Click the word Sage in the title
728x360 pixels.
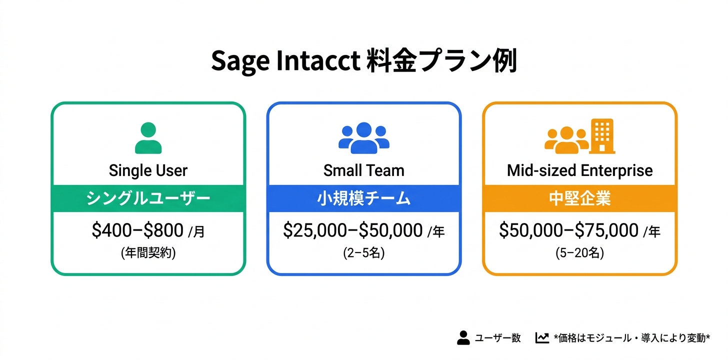point(240,61)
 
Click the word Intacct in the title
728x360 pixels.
point(318,60)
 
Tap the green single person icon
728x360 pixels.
point(148,138)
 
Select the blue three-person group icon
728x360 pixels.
point(363,138)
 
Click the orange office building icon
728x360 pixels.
point(602,136)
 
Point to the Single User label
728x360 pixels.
point(148,171)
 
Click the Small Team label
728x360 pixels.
point(363,170)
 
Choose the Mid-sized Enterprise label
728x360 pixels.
point(580,171)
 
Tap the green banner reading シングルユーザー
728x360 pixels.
point(148,198)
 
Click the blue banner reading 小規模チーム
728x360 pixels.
point(363,198)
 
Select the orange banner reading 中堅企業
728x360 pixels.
point(580,198)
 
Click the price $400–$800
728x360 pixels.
point(137,230)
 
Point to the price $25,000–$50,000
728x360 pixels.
point(352,230)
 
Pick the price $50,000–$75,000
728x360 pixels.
point(569,230)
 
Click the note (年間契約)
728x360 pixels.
point(148,253)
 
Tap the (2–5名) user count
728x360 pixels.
point(363,253)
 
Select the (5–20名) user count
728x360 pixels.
point(580,253)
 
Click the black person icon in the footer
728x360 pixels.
point(463,338)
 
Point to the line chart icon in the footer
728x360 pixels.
point(542,338)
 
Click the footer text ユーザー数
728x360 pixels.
point(498,338)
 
